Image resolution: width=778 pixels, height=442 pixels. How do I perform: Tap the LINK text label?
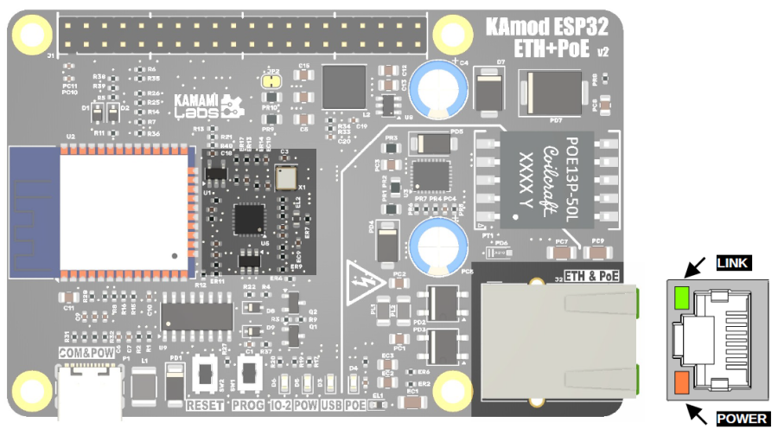733,263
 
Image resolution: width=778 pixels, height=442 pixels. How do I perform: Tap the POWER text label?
742,419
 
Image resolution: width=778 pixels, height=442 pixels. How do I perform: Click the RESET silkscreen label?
205,405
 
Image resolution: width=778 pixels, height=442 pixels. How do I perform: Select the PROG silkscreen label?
248,405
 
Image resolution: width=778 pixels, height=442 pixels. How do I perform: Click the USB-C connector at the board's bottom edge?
90,389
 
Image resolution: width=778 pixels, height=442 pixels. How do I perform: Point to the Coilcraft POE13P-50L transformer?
547,179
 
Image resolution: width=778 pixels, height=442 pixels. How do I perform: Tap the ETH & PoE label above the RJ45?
594,276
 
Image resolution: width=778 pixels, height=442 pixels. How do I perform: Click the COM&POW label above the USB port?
86,354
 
